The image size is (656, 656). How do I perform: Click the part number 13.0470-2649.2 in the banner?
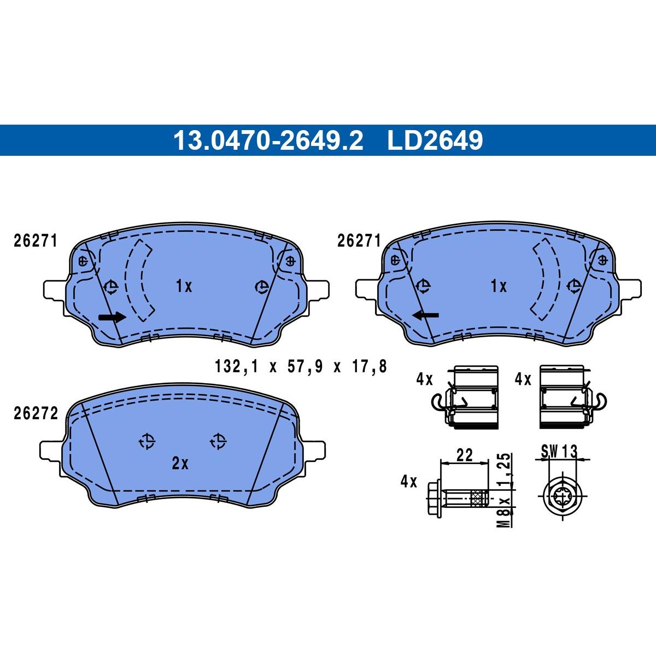[268, 140]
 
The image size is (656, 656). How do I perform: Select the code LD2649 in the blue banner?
[435, 140]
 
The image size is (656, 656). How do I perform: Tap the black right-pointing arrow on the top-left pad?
[112, 317]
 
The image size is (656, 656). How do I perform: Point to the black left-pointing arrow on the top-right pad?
[426, 315]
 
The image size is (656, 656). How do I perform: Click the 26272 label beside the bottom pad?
[36, 414]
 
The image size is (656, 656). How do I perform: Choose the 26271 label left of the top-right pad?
[359, 241]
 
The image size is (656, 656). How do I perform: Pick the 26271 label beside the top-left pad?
[36, 241]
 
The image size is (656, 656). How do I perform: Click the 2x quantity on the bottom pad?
[180, 464]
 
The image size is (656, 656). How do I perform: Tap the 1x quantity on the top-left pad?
[184, 286]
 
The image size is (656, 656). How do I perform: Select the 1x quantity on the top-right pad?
[499, 286]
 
